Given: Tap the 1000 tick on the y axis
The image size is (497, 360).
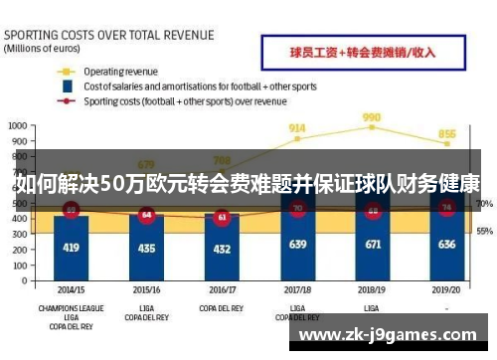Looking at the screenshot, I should click(x=18, y=126).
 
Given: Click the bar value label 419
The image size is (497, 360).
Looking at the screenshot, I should click(x=71, y=246).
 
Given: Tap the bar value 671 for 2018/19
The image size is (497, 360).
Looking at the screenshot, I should click(x=372, y=244).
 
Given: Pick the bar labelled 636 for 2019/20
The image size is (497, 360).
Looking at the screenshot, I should click(x=447, y=244).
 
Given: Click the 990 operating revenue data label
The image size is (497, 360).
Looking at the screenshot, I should click(x=372, y=117).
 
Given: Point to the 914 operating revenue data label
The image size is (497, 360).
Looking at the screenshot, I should click(x=296, y=128).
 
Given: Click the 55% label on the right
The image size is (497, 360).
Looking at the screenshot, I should click(x=485, y=231).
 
